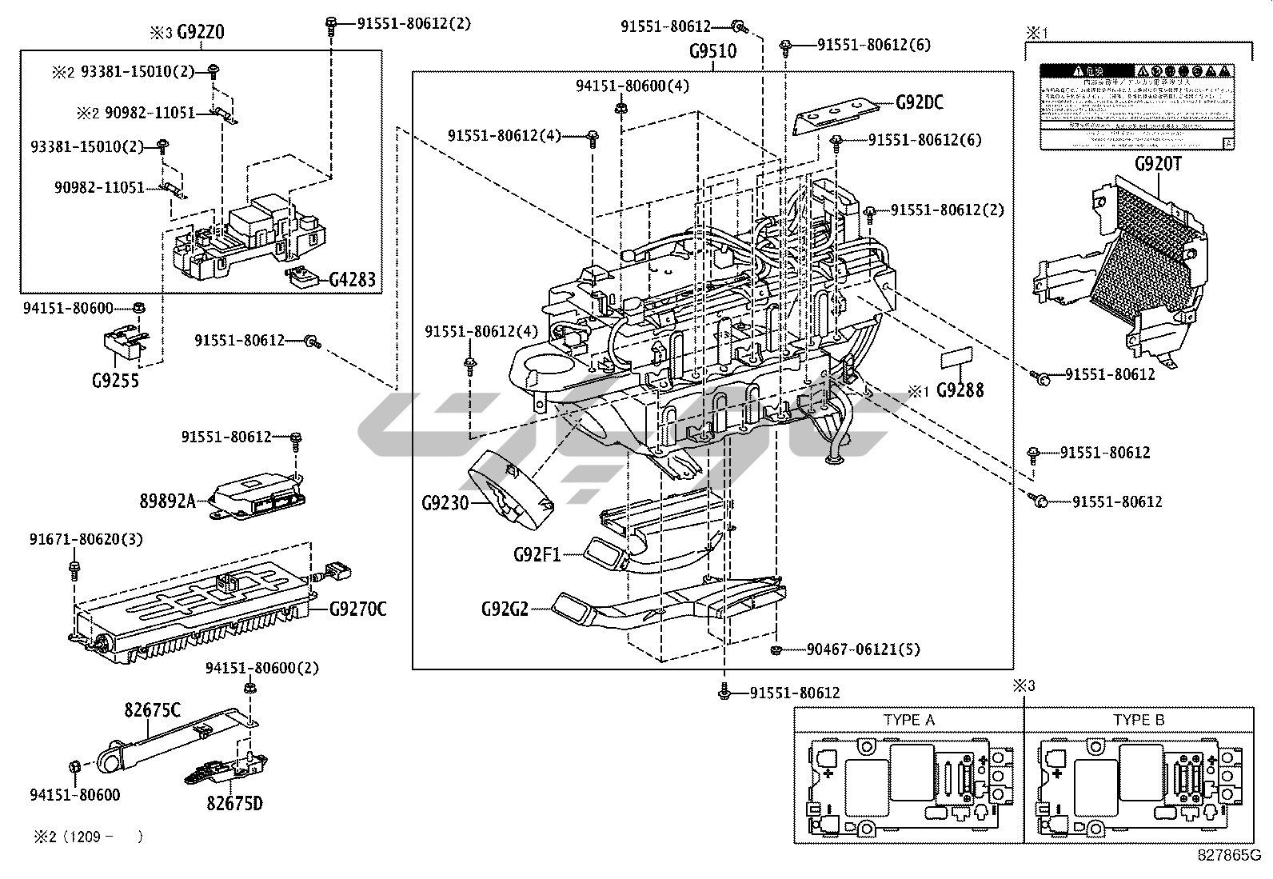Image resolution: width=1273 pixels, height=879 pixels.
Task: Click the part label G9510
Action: (x=712, y=52)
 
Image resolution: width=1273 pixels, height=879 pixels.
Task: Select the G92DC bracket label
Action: (x=919, y=102)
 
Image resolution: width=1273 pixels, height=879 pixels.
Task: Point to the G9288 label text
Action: (x=960, y=390)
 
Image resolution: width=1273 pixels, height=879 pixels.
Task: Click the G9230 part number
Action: (x=445, y=503)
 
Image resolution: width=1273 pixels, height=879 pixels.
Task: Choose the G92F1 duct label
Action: (x=537, y=553)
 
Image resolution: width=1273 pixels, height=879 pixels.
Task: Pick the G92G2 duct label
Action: (x=505, y=609)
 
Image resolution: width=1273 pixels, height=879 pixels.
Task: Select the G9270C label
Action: (x=357, y=610)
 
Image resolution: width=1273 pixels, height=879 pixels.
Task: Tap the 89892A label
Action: (x=168, y=501)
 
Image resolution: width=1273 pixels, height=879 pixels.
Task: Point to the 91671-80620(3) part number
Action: (x=86, y=540)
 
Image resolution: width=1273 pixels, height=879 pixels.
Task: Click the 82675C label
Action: (x=152, y=709)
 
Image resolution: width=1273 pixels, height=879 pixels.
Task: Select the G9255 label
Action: (x=115, y=381)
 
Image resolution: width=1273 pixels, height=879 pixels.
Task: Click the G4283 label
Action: (x=352, y=280)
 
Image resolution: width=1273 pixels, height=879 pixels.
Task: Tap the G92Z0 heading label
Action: (x=200, y=33)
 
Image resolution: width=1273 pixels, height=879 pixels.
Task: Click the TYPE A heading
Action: (x=908, y=720)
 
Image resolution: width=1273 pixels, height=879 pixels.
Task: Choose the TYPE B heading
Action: (x=1139, y=720)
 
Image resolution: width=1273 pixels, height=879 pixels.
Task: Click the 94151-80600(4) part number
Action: (x=632, y=86)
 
